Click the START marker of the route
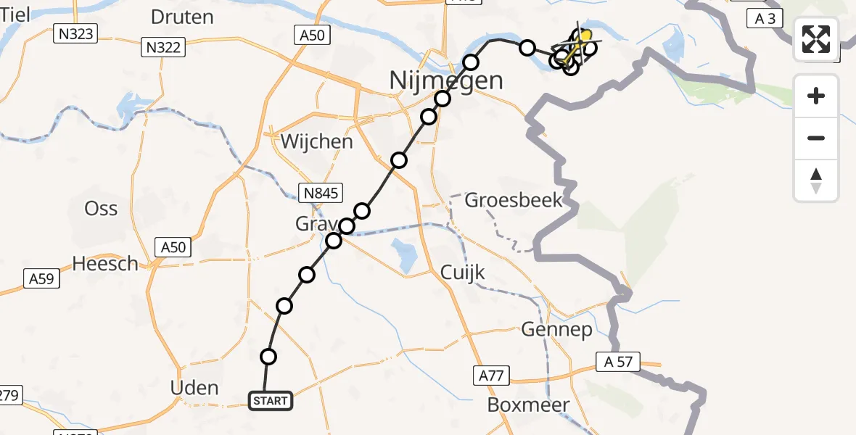pyautogui.click(x=271, y=400)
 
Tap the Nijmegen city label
pyautogui.click(x=446, y=80)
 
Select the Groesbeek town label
pyautogui.click(x=514, y=199)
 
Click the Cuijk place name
pyautogui.click(x=463, y=274)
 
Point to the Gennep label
pyautogui.click(x=556, y=330)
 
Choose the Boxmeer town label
pyautogui.click(x=528, y=405)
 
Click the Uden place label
pyautogui.click(x=194, y=387)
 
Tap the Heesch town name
pyautogui.click(x=105, y=264)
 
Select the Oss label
pyautogui.click(x=101, y=209)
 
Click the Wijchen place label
pyautogui.click(x=317, y=141)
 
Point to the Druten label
pyautogui.click(x=182, y=17)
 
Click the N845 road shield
pyautogui.click(x=321, y=192)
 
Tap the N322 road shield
pyautogui.click(x=164, y=48)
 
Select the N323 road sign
pyautogui.click(x=76, y=32)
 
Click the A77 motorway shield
pyautogui.click(x=493, y=375)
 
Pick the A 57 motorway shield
pyautogui.click(x=616, y=361)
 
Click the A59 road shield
pyautogui.click(x=42, y=278)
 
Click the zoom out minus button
pyautogui.click(x=816, y=138)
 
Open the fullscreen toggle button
pyautogui.click(x=816, y=39)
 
